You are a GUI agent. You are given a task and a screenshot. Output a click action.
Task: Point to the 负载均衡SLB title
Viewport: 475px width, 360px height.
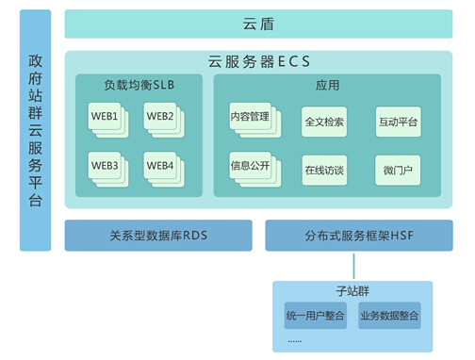click(139, 85)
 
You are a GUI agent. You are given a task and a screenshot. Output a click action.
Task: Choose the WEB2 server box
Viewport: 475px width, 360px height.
click(160, 117)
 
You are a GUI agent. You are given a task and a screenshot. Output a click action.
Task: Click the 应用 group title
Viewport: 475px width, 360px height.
click(327, 85)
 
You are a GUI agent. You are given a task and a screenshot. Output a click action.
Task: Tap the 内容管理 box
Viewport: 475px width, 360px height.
click(250, 118)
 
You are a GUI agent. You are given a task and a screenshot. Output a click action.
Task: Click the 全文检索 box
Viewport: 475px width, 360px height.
click(324, 123)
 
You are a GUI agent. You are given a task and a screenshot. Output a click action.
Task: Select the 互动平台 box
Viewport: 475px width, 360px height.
click(398, 123)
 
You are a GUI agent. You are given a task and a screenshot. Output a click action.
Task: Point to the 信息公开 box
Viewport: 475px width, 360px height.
click(250, 167)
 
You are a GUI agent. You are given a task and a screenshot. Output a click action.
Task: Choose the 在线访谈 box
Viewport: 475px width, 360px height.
click(324, 172)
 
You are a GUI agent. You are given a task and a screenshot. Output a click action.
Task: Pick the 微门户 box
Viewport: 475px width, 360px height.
click(398, 172)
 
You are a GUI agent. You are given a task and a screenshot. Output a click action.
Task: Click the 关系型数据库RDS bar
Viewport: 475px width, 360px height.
click(158, 236)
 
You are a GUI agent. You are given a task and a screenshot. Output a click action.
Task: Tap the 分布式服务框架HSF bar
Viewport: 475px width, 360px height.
click(353, 236)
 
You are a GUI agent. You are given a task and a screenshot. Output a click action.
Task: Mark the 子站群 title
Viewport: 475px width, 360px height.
click(352, 291)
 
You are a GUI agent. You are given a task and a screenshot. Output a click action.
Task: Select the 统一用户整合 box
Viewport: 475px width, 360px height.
click(314, 315)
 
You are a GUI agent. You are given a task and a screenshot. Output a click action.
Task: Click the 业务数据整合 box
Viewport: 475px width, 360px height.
click(389, 315)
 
